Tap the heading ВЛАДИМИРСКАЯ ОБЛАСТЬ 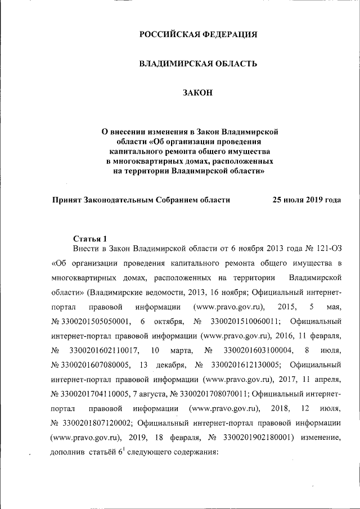click(x=198, y=64)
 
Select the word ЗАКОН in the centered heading click(x=197, y=93)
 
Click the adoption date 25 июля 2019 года click(x=307, y=199)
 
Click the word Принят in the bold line click(x=67, y=199)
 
